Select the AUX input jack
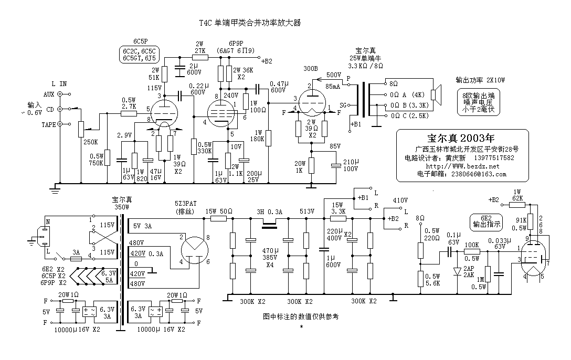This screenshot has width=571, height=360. pos(60,94)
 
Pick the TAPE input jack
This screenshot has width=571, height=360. pos(60,124)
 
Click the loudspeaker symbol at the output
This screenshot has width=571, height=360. pos(435,95)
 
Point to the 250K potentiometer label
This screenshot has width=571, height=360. pos(91,141)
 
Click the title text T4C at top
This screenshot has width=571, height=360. pos(206,23)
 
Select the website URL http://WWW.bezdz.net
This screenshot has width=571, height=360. pos(462,166)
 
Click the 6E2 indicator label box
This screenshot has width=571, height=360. pos(485,220)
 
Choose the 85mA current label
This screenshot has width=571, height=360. pos(332,86)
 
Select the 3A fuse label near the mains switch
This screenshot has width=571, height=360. pos(77,252)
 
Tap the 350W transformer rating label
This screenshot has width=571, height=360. pos(121,207)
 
